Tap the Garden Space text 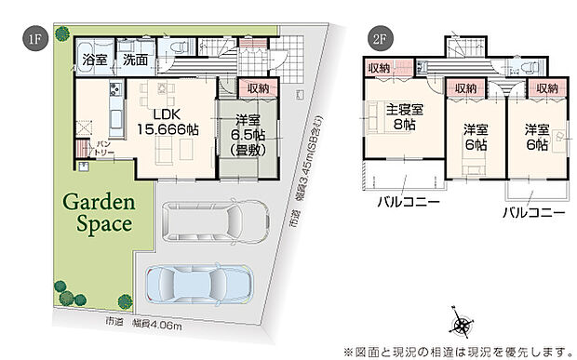[98, 213]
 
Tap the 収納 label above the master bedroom [377, 68]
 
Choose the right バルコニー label [534, 213]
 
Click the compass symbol [463, 322]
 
